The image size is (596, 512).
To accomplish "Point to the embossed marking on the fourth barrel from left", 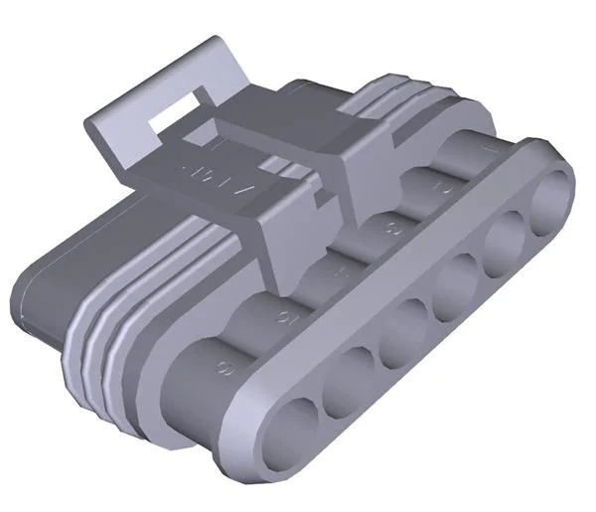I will [x=391, y=228].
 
